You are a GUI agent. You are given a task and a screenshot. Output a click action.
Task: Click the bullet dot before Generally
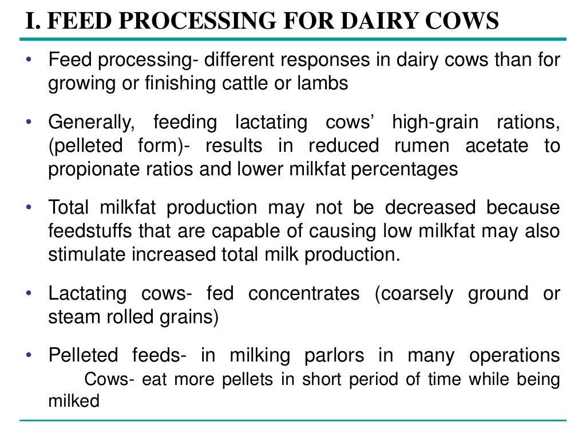(x=29, y=121)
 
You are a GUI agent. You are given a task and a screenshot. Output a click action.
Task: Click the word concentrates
(x=304, y=294)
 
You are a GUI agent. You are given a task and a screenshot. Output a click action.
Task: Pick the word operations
(x=514, y=356)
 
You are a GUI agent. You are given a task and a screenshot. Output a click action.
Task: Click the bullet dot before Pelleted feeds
(x=29, y=355)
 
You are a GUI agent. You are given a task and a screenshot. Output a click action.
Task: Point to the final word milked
(x=74, y=401)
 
